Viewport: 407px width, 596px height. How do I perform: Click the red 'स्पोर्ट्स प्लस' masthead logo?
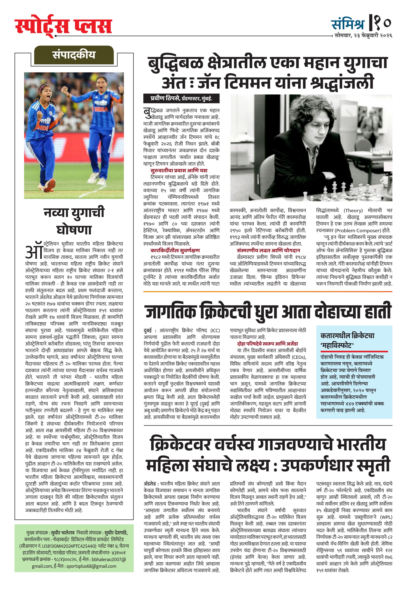[x=63, y=27]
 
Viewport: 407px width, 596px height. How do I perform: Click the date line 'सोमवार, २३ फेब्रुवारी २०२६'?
[x=363, y=36]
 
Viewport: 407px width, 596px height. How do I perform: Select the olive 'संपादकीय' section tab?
[x=74, y=55]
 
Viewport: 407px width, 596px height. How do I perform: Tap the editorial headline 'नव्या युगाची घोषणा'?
[x=74, y=220]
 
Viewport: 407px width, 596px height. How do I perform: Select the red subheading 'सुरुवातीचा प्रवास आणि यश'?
[x=179, y=170]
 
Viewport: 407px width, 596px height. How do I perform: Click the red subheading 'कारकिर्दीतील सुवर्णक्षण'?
[x=175, y=250]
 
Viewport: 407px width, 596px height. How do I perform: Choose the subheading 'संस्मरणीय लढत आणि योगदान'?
[x=268, y=250]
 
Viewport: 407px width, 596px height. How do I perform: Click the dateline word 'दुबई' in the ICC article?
[x=148, y=331]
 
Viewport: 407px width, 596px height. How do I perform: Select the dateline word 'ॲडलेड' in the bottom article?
[x=150, y=484]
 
